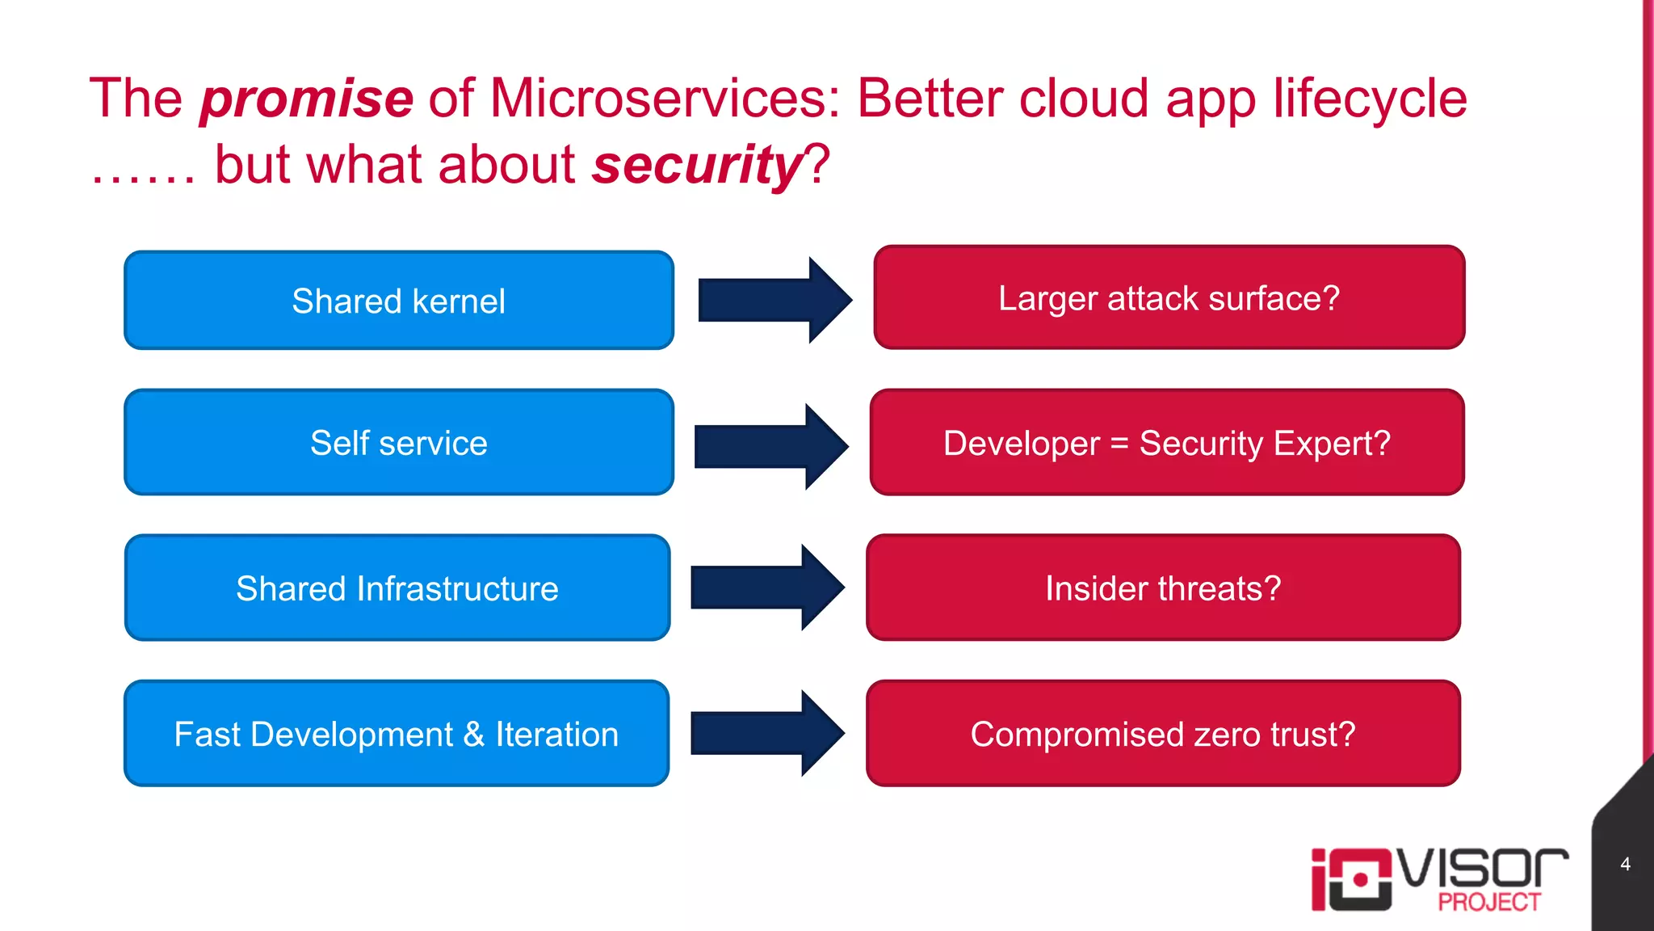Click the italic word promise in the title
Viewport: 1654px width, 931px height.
tap(307, 99)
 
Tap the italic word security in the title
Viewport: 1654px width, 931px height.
tap(696, 165)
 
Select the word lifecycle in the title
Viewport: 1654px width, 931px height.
tap(1370, 99)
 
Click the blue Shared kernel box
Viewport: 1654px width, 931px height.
tap(398, 301)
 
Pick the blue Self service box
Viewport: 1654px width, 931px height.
tap(398, 443)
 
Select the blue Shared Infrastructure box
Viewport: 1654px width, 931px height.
tap(397, 588)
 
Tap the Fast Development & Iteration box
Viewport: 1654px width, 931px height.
tap(397, 734)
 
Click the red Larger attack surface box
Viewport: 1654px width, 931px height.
tap(1169, 298)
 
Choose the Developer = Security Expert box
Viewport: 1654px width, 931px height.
tap(1166, 443)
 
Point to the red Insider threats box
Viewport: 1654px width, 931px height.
tap(1163, 588)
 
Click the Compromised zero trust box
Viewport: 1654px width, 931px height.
tap(1163, 734)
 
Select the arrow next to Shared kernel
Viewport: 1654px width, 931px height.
tap(774, 300)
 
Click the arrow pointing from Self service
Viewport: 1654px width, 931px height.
tap(770, 446)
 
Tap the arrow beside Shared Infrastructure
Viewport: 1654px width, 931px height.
tap(767, 587)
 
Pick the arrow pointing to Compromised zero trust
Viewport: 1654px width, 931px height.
tap(767, 733)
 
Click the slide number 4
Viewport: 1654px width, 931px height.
tap(1625, 864)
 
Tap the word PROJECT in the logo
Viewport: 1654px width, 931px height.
tap(1489, 902)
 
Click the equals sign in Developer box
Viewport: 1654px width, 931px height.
tap(1119, 444)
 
